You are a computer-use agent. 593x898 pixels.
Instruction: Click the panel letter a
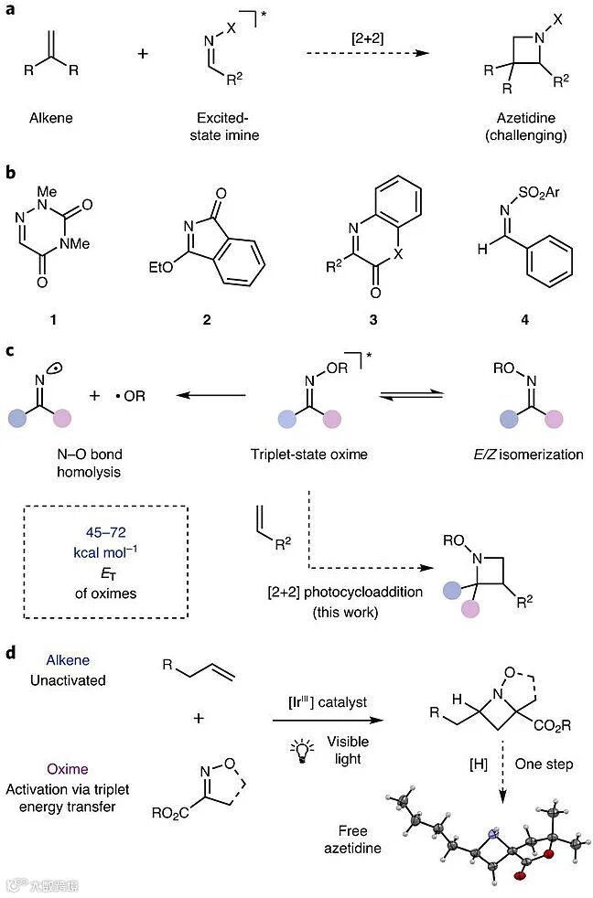click(10, 13)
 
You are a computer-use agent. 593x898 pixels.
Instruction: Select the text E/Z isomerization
click(523, 454)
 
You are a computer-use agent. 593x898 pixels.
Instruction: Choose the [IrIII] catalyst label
click(328, 700)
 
